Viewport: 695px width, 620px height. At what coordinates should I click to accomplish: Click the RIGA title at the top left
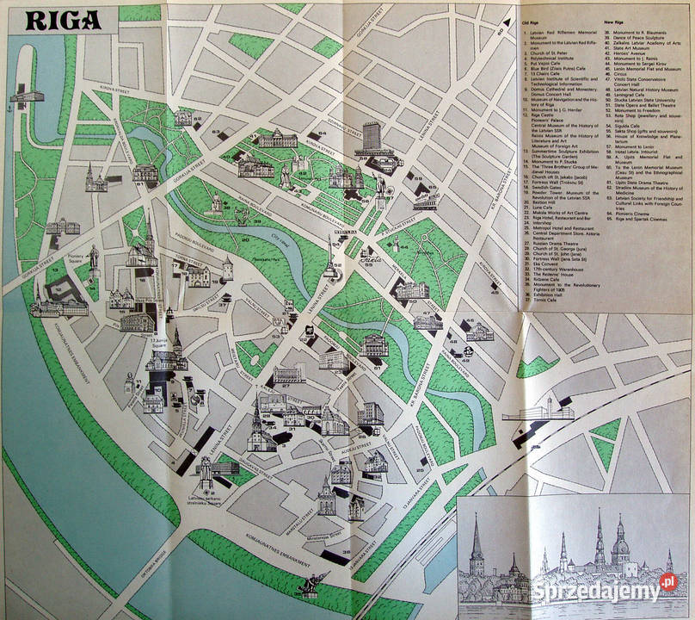62,20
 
